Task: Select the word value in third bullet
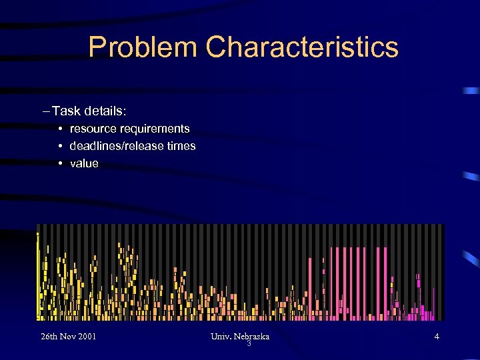point(84,163)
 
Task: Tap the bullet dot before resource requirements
point(60,129)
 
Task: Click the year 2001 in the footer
point(85,336)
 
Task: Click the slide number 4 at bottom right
point(437,336)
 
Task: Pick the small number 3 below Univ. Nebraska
point(249,344)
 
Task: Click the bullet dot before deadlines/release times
point(60,146)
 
